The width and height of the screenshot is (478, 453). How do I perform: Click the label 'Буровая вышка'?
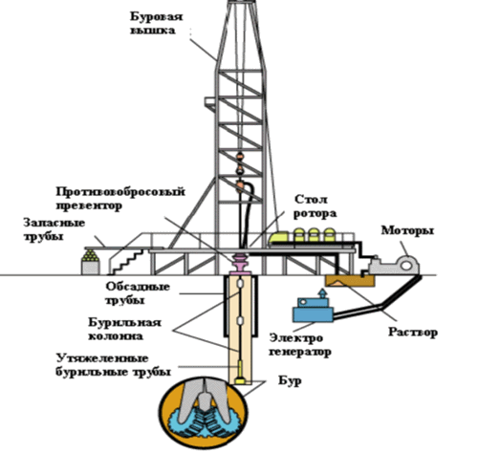point(157,23)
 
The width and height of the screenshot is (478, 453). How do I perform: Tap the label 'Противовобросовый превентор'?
point(120,199)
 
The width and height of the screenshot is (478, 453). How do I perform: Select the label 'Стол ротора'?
point(315,206)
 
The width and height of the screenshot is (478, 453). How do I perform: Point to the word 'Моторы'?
point(407,230)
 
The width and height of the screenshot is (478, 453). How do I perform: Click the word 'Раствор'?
point(413,333)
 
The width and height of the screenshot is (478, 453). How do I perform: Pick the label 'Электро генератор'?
point(300,345)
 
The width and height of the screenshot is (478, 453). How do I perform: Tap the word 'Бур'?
point(290,380)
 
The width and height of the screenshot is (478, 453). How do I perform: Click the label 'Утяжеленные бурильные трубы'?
point(113,365)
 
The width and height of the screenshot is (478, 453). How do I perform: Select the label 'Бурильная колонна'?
point(124,329)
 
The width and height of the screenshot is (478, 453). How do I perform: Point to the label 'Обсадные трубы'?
point(138,293)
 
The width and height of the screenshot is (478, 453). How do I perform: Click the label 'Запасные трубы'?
point(54,229)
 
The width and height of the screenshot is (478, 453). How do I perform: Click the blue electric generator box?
point(313,310)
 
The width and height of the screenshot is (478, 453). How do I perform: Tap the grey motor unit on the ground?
point(394,265)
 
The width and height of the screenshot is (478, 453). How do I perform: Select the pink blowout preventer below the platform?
point(241,264)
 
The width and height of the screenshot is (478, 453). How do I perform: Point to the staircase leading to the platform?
point(126,262)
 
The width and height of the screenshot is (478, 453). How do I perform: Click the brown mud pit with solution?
point(350,281)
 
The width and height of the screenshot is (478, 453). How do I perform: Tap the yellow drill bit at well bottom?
point(240,380)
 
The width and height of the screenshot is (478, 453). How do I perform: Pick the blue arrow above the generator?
point(323,293)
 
